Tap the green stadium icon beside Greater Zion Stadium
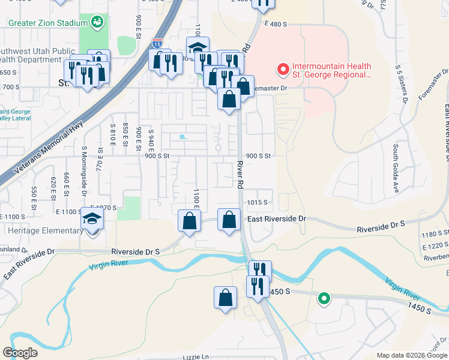97,23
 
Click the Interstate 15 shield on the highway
157,43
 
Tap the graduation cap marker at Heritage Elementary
92,221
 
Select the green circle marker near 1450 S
324,298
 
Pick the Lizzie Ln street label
197,356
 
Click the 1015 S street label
257,202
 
